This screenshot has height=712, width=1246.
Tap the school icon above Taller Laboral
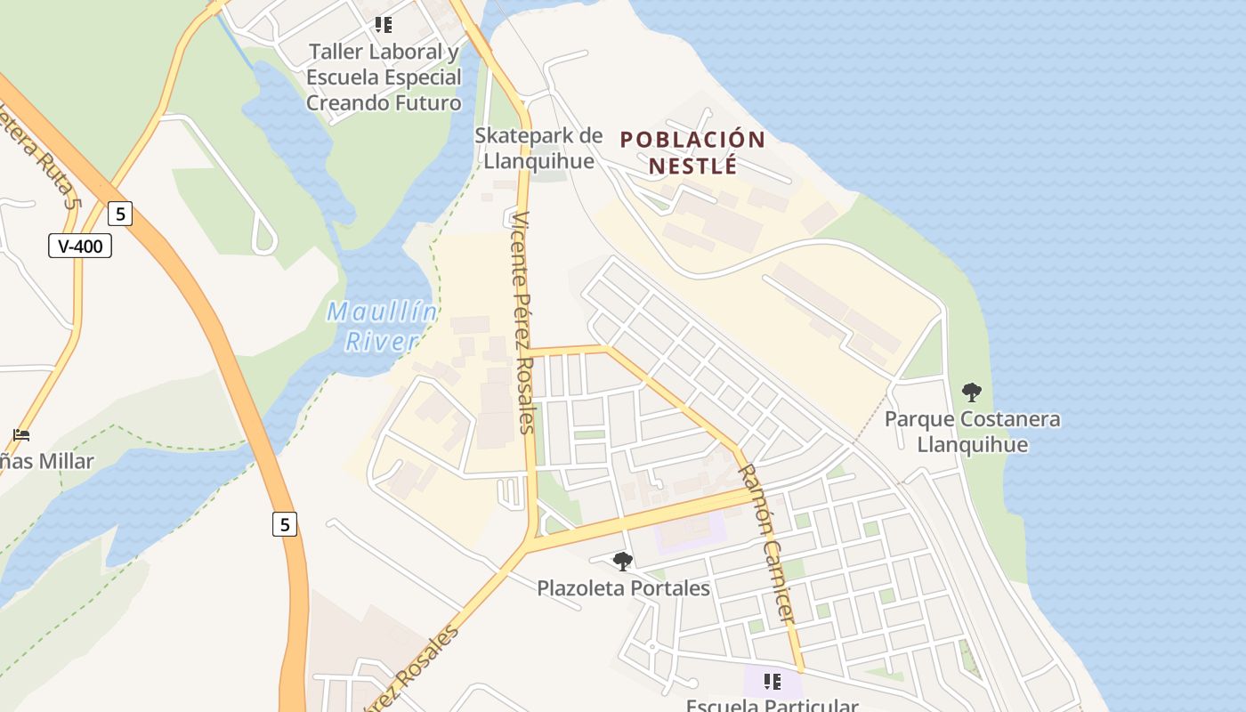click(383, 25)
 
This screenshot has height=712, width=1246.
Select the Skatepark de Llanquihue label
click(538, 148)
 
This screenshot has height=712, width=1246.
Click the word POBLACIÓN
click(692, 140)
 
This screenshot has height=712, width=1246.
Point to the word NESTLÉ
click(692, 166)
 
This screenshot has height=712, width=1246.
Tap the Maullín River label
click(382, 326)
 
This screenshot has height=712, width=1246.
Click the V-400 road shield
click(80, 246)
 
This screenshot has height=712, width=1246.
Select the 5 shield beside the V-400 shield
click(120, 214)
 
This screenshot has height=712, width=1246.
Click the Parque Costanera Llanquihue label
click(972, 432)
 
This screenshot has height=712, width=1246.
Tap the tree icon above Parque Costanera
click(972, 392)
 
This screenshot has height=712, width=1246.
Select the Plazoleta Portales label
click(623, 588)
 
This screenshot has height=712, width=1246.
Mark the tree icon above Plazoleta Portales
click(623, 562)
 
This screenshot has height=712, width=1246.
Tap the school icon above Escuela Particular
click(772, 682)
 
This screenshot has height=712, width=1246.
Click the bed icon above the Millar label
click(22, 435)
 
